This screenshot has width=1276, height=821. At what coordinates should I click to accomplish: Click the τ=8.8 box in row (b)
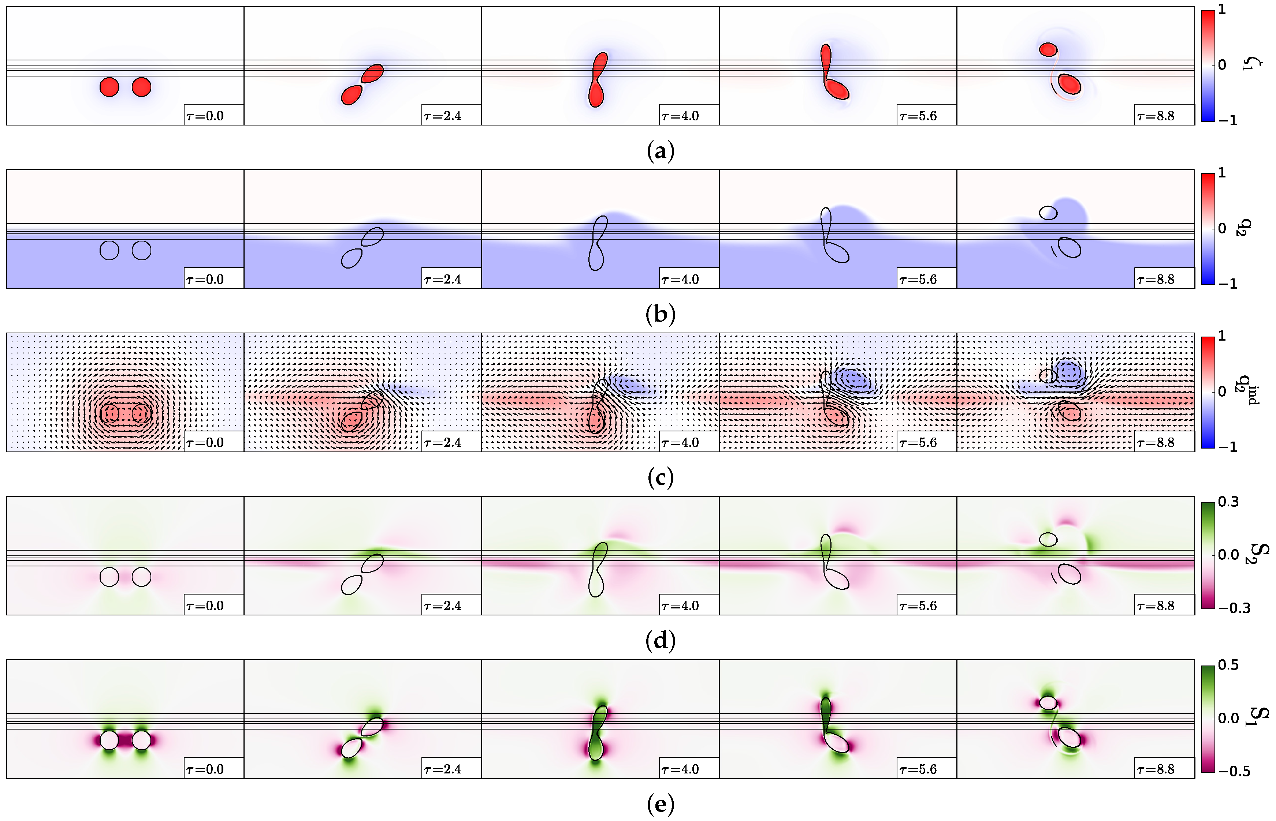point(1164,279)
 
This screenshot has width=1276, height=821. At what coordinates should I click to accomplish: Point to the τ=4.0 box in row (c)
point(689,442)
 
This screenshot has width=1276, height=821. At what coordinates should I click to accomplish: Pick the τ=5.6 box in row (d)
point(927,606)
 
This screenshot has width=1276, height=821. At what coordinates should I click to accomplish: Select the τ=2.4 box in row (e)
point(451,769)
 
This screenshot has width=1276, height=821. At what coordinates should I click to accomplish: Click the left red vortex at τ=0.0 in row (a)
point(109,87)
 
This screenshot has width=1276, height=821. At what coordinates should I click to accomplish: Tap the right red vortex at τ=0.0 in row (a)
point(141,87)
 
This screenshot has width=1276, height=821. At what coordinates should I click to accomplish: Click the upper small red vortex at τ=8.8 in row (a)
point(1048,50)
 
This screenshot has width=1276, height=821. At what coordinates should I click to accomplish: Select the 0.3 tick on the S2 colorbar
point(1228,502)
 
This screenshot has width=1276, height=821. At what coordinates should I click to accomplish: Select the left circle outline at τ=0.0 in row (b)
point(109,250)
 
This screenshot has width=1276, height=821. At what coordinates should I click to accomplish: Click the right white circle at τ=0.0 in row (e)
point(141,740)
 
